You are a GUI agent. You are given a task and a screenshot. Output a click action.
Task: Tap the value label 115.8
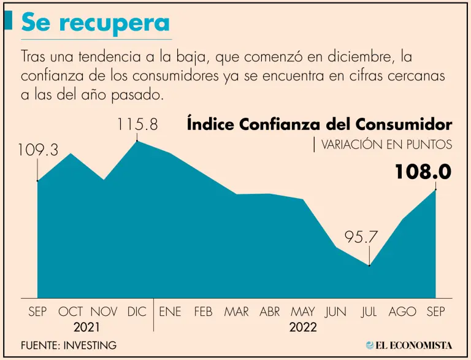(x=137, y=124)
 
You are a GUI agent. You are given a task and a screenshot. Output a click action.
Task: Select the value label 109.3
(x=38, y=149)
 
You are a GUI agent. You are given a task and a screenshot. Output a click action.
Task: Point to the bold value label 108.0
(x=423, y=172)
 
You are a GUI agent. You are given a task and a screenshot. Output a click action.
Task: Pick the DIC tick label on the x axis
(x=137, y=312)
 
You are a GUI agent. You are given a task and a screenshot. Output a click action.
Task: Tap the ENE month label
(x=170, y=312)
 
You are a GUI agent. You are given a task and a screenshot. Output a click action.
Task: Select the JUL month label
(x=369, y=312)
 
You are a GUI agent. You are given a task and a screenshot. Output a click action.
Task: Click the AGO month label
(x=402, y=312)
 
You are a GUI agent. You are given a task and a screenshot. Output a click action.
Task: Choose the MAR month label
(x=236, y=312)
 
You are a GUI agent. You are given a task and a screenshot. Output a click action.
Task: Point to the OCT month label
(x=71, y=312)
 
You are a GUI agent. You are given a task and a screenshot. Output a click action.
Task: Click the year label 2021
(x=86, y=327)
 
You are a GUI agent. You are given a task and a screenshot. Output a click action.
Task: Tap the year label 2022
(x=303, y=327)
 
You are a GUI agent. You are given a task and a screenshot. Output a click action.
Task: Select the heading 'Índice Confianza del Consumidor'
(x=319, y=124)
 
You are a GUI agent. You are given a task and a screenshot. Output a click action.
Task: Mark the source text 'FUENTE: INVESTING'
(x=68, y=345)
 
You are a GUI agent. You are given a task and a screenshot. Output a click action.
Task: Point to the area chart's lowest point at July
(x=369, y=266)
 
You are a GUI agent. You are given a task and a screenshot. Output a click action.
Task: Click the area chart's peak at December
(x=137, y=141)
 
